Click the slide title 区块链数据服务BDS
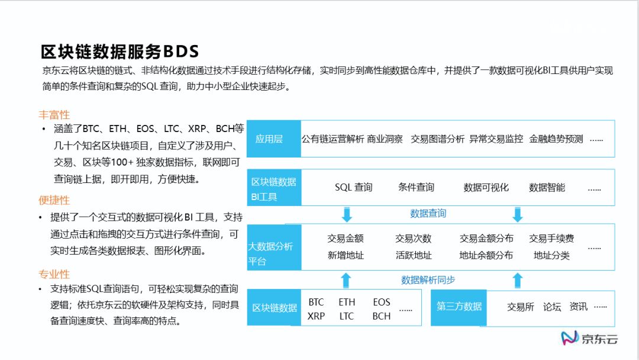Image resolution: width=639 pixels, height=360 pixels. (120, 52)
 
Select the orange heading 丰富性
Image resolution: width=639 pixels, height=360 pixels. (54, 115)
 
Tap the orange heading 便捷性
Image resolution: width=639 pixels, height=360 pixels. (54, 200)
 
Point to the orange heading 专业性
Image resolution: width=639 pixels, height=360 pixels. (54, 274)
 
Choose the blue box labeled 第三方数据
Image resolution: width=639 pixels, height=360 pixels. (459, 307)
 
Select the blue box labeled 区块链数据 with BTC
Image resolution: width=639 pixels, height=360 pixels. (274, 308)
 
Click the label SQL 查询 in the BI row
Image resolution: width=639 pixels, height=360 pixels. (353, 188)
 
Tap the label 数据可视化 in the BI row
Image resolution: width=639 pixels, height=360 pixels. (486, 188)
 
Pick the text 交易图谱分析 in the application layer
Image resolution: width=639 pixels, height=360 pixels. (437, 139)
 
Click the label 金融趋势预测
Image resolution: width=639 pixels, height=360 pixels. (556, 139)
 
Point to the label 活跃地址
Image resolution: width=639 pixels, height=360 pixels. (414, 256)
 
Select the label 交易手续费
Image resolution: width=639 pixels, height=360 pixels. (551, 239)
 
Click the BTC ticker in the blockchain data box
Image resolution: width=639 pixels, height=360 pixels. (316, 302)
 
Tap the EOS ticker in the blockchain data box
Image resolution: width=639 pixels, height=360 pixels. (382, 302)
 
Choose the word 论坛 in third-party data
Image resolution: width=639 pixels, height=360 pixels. (551, 307)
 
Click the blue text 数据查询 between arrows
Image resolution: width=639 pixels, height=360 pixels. (428, 214)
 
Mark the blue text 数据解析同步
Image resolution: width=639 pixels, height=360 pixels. (428, 280)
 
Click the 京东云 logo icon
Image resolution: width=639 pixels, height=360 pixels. (569, 338)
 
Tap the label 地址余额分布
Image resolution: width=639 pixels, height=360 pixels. (486, 256)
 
